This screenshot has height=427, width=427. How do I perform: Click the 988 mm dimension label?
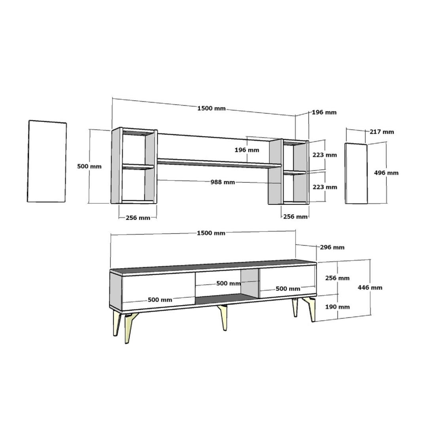pos(223,182)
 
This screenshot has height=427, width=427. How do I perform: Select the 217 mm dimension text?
pos(382,132)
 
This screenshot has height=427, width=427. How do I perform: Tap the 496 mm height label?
pos(386,173)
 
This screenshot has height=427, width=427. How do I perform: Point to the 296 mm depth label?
pos(332,247)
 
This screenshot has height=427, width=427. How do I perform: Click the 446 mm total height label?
pos(370,287)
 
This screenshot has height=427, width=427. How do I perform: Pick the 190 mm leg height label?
pos(337,307)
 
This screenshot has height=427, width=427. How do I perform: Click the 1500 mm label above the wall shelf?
pos(212,108)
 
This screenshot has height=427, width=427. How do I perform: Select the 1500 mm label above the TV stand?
pos(211,233)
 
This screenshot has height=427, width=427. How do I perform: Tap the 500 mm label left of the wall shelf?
pos(89,166)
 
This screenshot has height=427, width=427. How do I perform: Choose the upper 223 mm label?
pos(325,155)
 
